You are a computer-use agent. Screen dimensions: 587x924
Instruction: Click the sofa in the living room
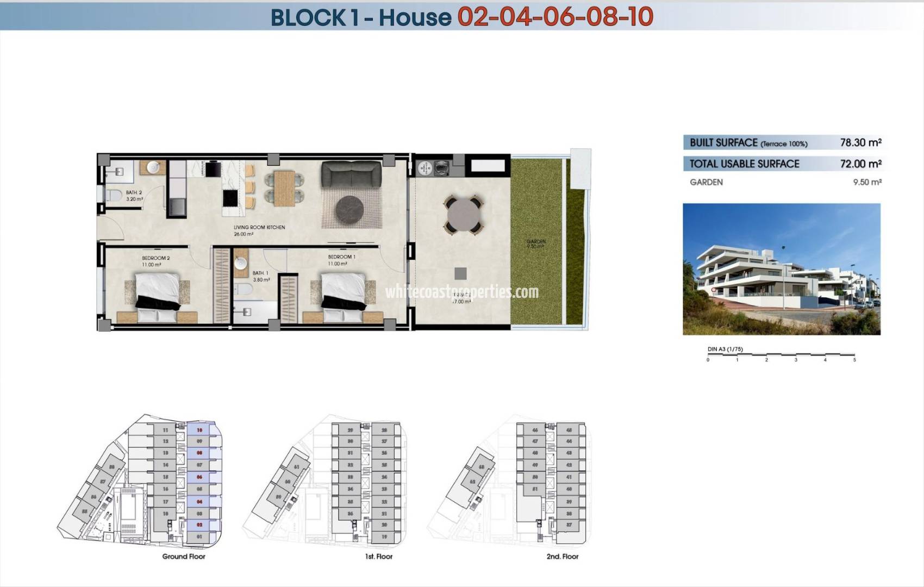click(x=351, y=174)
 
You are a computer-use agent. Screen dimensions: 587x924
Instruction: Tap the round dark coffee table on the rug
click(x=349, y=209)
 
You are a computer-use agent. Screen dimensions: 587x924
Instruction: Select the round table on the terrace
click(x=464, y=215)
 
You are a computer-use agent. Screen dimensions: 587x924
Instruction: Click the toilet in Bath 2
click(x=114, y=195)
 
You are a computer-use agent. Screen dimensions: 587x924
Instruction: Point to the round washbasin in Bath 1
click(x=241, y=264)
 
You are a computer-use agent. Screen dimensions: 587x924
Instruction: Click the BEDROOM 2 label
click(x=156, y=258)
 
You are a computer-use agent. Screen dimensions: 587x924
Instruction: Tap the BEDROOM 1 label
click(x=341, y=257)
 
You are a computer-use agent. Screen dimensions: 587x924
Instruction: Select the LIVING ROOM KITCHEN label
click(x=259, y=227)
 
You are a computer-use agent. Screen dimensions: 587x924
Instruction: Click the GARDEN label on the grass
click(x=536, y=241)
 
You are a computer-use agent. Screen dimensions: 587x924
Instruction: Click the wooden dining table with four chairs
click(x=284, y=188)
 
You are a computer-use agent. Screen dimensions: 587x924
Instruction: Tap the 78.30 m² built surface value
click(x=860, y=142)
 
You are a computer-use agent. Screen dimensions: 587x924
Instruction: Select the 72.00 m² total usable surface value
click(x=860, y=164)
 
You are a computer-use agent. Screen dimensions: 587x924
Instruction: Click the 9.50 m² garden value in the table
click(x=867, y=182)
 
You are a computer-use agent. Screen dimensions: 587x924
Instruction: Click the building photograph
click(x=781, y=269)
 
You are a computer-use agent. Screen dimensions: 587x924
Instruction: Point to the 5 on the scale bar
click(x=854, y=359)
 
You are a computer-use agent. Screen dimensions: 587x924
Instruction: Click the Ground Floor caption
click(x=184, y=556)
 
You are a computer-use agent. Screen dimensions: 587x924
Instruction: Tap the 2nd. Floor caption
click(x=563, y=556)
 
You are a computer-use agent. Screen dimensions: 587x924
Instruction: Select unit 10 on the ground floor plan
click(x=199, y=430)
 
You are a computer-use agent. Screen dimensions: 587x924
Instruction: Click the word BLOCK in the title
click(x=308, y=17)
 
